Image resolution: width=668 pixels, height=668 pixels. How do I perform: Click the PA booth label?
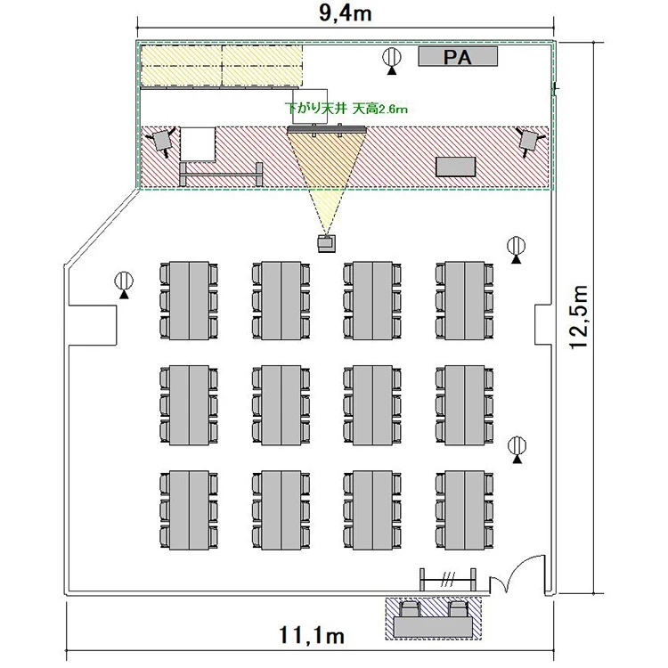click(x=458, y=57)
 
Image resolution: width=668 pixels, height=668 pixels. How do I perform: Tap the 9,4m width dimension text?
click(x=345, y=13)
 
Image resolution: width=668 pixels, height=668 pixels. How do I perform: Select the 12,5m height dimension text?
click(x=580, y=317)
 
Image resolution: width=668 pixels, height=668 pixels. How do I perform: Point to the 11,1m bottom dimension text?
click(x=312, y=635)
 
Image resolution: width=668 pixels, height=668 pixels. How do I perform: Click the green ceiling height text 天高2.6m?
click(x=380, y=109)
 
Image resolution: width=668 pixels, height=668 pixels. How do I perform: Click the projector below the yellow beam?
click(x=326, y=243)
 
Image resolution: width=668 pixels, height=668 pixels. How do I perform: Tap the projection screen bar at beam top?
click(x=327, y=128)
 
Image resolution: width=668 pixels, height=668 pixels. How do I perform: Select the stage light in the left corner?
click(x=161, y=140)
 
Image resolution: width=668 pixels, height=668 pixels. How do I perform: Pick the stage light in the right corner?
click(x=529, y=141)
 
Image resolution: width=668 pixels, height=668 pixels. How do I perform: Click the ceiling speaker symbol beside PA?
click(x=392, y=58)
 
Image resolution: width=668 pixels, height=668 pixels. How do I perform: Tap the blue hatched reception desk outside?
click(x=434, y=618)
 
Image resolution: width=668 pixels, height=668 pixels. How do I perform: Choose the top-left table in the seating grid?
click(x=189, y=301)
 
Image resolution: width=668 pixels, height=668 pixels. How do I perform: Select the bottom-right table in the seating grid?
click(x=464, y=510)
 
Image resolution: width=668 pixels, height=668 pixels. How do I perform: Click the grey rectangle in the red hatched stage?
click(x=455, y=167)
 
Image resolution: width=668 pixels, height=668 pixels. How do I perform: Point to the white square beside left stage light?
click(x=198, y=144)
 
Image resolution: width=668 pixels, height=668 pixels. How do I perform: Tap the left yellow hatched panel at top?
click(x=182, y=65)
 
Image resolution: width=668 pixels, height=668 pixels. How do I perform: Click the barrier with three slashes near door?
click(x=448, y=579)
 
